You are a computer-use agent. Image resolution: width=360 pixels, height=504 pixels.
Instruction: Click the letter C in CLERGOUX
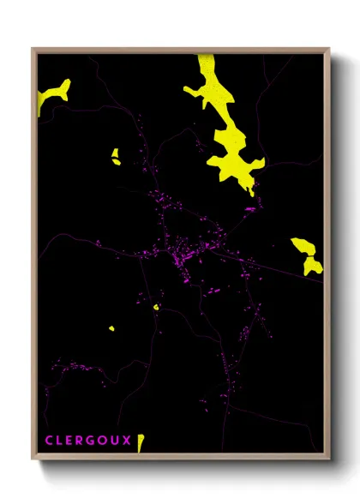click(48, 441)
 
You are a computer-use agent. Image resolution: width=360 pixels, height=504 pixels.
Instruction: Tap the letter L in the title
click(60, 441)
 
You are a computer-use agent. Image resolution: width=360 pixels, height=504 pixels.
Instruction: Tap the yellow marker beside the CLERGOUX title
click(141, 442)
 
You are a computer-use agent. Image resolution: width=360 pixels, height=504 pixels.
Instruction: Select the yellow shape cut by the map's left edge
click(53, 92)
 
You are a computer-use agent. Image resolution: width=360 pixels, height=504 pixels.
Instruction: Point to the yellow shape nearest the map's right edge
click(307, 255)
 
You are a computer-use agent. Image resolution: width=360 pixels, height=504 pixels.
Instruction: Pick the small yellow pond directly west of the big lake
click(115, 156)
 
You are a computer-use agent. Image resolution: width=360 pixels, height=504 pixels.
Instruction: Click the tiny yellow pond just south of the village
click(156, 306)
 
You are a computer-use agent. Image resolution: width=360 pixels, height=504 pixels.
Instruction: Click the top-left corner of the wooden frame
click(33, 49)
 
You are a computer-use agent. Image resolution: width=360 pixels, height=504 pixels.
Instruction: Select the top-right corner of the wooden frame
click(329, 49)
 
